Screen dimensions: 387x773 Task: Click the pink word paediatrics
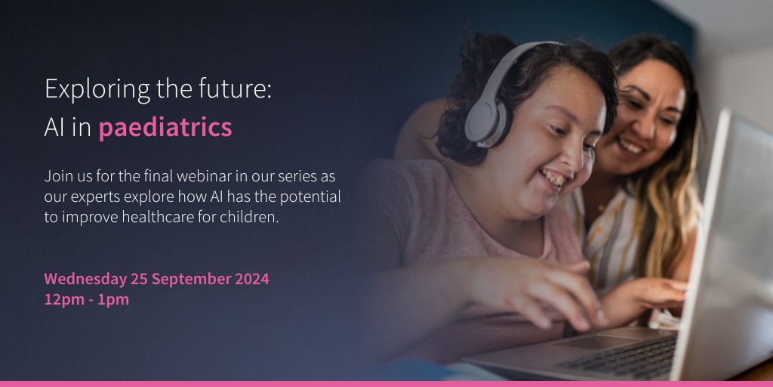click(x=165, y=128)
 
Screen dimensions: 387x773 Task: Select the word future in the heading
click(x=228, y=89)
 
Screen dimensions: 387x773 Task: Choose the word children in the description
click(x=248, y=217)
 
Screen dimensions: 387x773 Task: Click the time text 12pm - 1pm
click(x=87, y=299)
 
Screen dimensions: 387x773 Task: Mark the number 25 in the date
click(x=139, y=279)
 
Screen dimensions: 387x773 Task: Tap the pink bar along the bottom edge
click(x=386, y=383)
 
